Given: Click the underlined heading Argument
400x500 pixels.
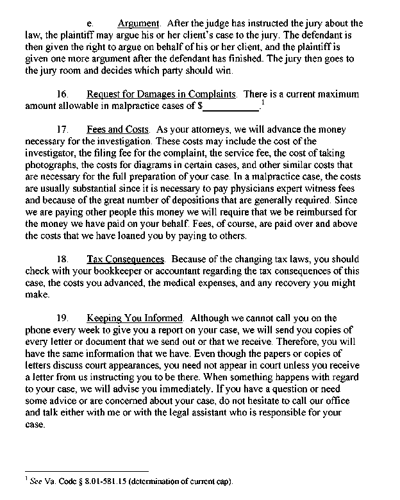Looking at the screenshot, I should point(138,24).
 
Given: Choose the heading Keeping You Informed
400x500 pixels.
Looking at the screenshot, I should point(135,317).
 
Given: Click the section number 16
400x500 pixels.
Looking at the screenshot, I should point(63,94).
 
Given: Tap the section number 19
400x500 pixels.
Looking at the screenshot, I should point(63,317).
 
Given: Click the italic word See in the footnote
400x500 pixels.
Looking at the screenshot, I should point(36,481).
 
